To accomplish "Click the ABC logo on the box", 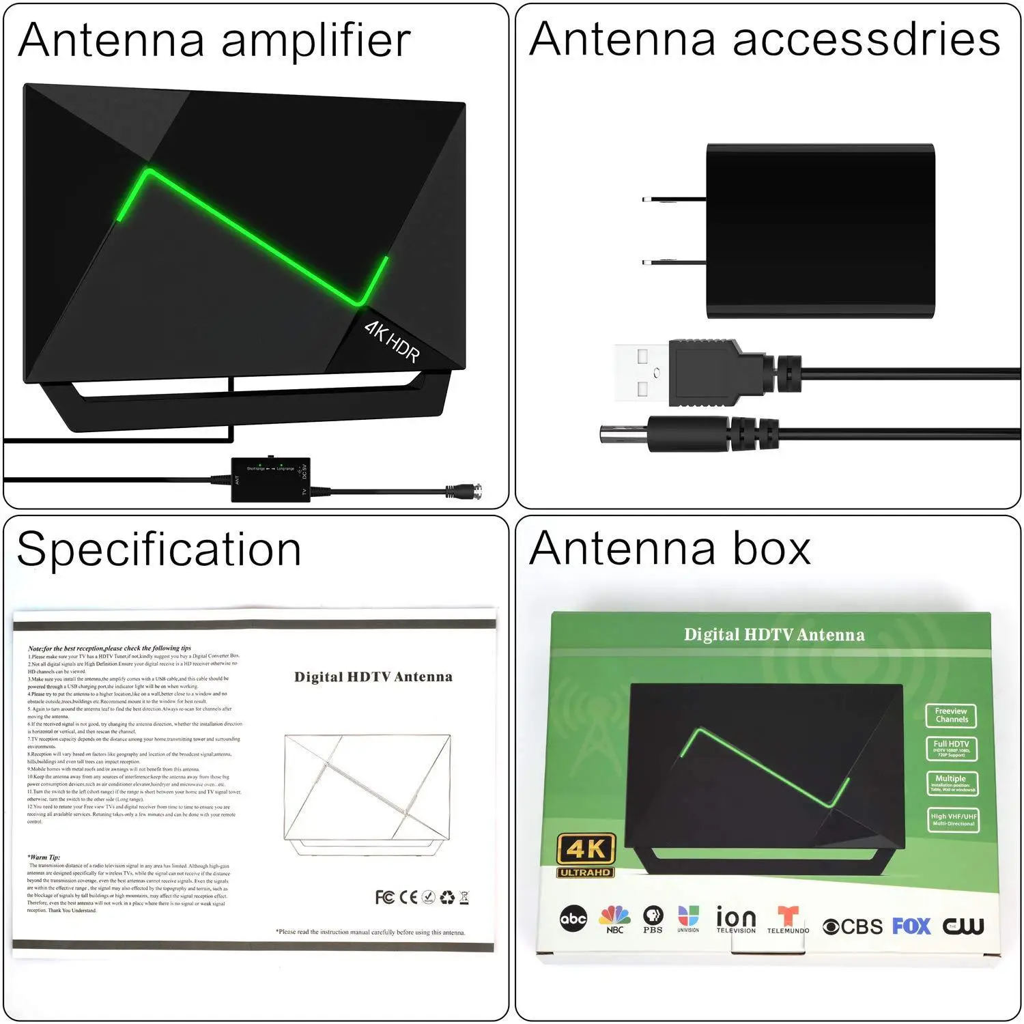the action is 573,919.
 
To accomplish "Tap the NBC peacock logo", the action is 614,918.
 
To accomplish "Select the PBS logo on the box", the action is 653,918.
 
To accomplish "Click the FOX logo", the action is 911,926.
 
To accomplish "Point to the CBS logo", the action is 853,926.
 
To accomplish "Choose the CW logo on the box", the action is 963,926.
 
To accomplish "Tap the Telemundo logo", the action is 788,919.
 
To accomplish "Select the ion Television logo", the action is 736,919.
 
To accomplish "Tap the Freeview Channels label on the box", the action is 952,715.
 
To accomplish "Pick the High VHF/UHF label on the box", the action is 954,820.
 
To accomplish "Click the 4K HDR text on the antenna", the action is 392,341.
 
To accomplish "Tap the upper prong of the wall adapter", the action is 673,199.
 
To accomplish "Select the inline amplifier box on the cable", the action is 270,480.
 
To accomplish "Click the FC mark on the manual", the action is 384,896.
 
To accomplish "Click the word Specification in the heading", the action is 159,550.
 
